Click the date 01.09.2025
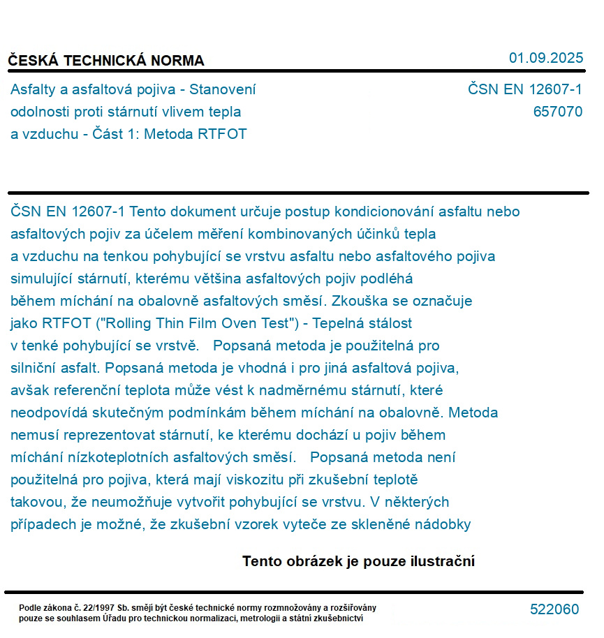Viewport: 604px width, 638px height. [x=546, y=58]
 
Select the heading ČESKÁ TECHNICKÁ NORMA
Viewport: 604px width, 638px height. [x=106, y=61]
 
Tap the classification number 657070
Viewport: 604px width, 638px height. [x=557, y=112]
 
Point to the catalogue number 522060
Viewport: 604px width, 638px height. [x=554, y=609]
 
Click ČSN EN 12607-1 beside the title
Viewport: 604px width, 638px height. [x=525, y=89]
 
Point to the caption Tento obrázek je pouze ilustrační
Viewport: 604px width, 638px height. [x=358, y=561]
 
